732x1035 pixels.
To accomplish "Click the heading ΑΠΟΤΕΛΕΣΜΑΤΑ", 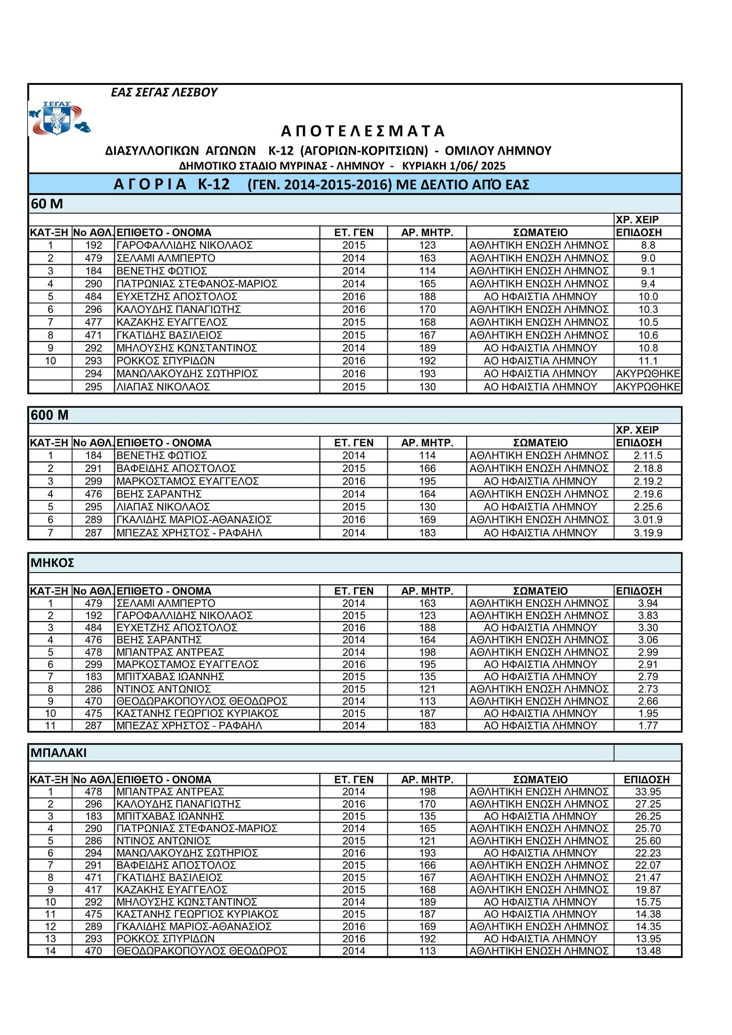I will (363, 131).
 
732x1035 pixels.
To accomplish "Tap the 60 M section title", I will (47, 204).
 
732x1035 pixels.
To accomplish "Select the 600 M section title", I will (50, 415).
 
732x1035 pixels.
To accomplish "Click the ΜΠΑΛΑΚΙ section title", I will (59, 752).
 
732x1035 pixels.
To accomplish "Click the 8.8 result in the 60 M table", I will (648, 246).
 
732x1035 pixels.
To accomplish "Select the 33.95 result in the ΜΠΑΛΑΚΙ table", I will (648, 792).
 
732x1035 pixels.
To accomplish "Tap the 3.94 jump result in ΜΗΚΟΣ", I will (648, 603).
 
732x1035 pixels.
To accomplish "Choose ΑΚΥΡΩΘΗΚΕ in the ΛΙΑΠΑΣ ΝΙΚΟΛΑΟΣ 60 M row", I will (648, 387).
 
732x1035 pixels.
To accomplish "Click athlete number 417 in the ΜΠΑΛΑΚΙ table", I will (94, 889).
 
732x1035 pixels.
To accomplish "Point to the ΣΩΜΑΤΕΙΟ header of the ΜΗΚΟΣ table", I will (540, 591).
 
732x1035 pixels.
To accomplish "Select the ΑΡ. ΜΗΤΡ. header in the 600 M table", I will (427, 443).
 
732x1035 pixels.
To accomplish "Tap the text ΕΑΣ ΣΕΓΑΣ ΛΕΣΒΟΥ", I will (164, 92).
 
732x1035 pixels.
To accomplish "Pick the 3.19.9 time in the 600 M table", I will (648, 533).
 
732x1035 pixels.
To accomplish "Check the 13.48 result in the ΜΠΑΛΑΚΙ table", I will (648, 951).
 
